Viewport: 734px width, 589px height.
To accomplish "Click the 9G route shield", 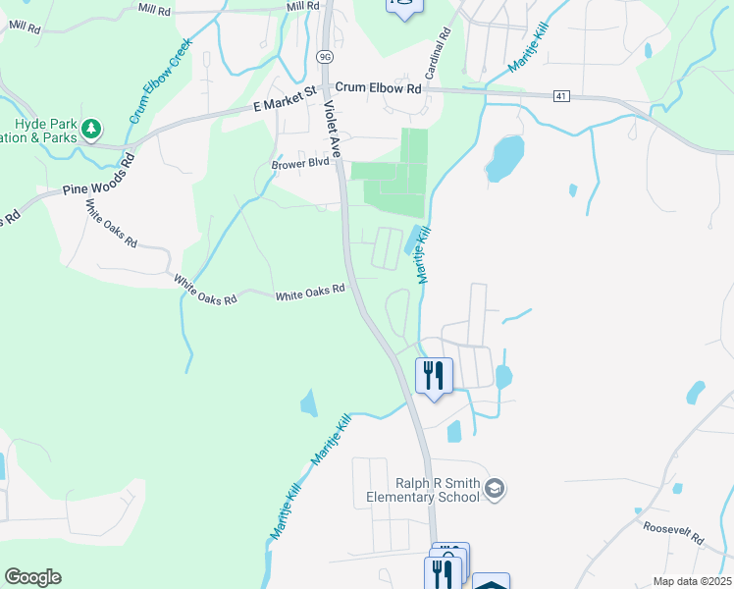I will point(325,56).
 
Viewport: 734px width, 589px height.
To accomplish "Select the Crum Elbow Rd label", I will point(382,87).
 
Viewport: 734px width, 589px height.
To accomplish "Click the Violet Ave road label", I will point(334,132).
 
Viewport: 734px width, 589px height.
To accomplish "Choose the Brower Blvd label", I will point(300,164).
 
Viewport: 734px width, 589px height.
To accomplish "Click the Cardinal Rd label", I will point(438,54).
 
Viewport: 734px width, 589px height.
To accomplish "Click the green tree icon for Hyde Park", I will point(90,129).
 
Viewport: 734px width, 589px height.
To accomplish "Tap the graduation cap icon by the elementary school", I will point(496,489).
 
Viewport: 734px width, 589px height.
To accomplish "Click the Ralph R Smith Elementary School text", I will point(437,490).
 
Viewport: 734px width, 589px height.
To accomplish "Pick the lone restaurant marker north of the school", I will point(433,375).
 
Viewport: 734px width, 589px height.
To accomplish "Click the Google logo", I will point(32,577).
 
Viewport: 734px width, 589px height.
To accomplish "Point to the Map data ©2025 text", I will point(691,581).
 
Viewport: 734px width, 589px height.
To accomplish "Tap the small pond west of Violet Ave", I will point(309,402).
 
